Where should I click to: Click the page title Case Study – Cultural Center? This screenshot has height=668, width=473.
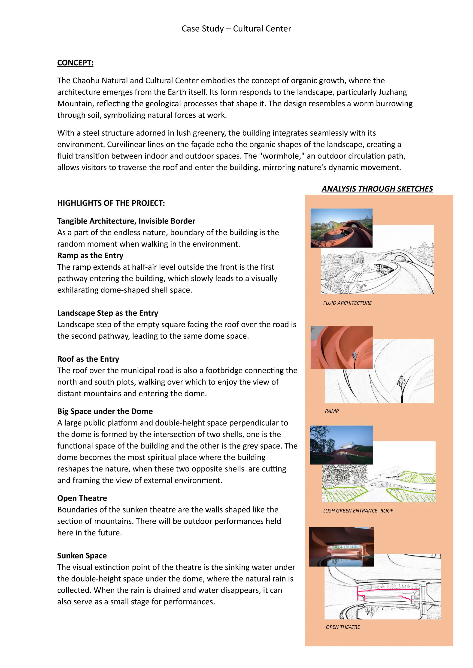236,29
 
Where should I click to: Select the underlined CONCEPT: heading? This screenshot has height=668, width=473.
75,63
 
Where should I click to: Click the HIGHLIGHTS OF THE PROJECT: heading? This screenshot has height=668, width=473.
111,203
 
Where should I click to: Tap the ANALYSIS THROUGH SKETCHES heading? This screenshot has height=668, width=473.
377,189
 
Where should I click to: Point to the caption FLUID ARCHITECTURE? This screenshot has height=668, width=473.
347,303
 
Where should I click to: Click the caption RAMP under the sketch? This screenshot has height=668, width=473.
332,411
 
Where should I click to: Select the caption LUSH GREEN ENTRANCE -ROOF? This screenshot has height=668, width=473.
358,511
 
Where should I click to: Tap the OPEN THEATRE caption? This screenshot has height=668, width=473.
343,627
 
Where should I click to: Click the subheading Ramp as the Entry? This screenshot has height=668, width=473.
90,255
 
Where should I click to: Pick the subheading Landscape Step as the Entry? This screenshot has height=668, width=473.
107,313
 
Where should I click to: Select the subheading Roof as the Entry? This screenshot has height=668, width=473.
88,359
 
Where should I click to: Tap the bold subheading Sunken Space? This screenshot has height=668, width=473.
82,556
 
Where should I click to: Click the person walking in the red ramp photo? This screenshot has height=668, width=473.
354,355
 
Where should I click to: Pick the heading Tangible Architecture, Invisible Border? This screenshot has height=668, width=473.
126,221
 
